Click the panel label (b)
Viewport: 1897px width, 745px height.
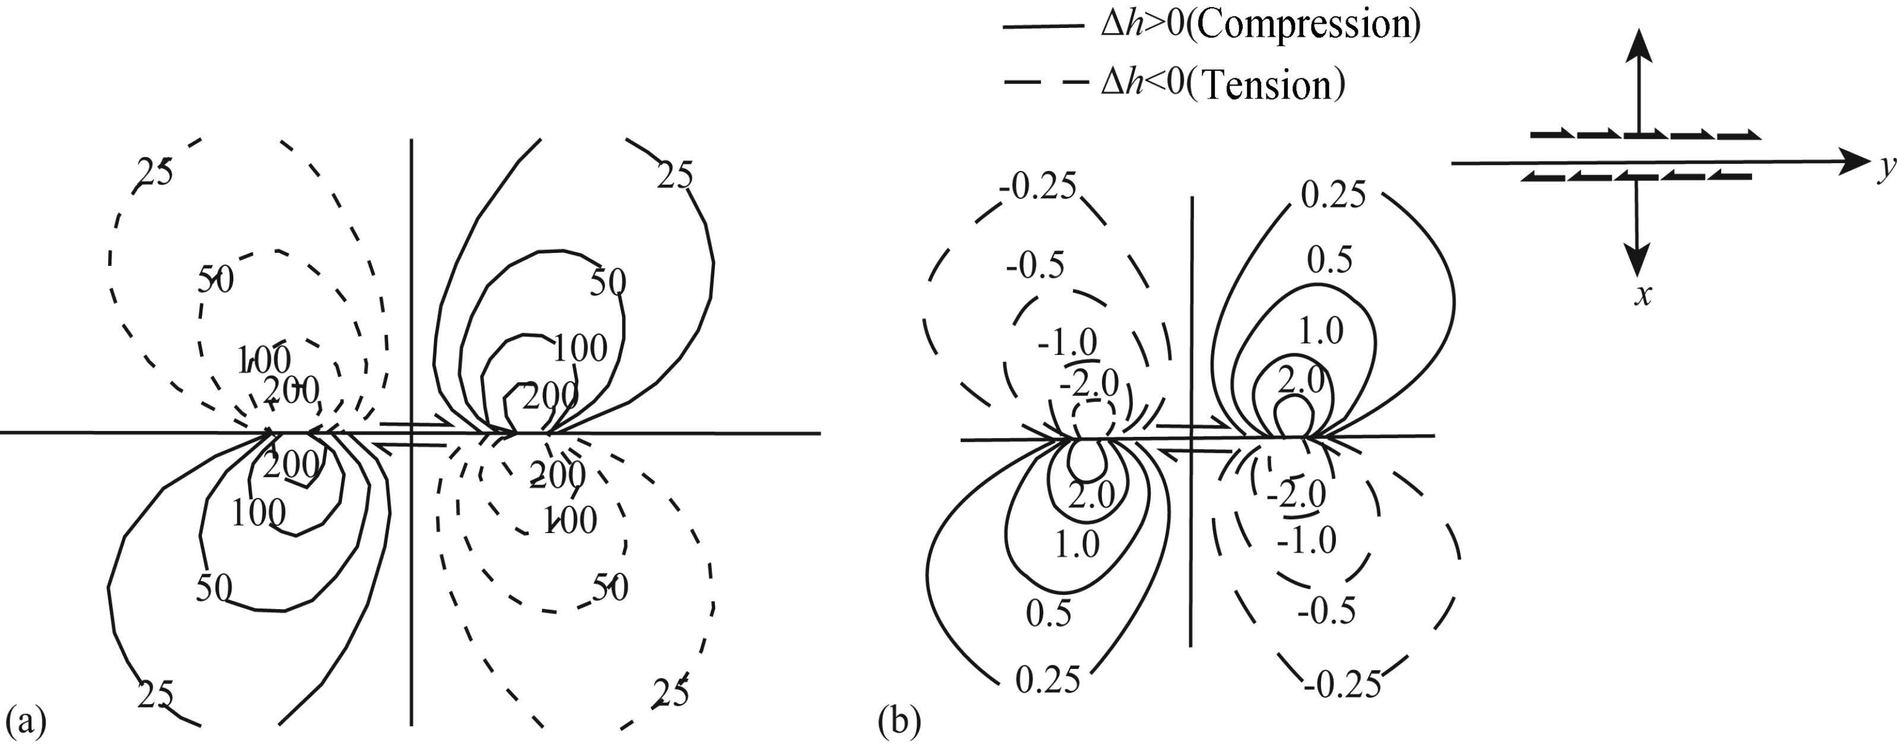click(899, 721)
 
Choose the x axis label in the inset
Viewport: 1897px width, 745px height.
click(1643, 295)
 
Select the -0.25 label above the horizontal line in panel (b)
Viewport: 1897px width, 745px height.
click(1038, 186)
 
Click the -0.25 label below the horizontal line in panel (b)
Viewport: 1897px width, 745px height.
click(1342, 684)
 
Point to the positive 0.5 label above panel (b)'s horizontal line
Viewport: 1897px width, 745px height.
click(1329, 260)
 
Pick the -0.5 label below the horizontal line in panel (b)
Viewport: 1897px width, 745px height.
click(1326, 611)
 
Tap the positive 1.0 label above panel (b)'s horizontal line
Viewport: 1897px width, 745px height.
click(1320, 331)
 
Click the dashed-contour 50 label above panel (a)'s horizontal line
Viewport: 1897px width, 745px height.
click(216, 280)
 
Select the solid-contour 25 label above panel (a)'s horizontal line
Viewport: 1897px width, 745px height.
click(675, 176)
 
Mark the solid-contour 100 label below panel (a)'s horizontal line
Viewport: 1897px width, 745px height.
click(258, 513)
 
